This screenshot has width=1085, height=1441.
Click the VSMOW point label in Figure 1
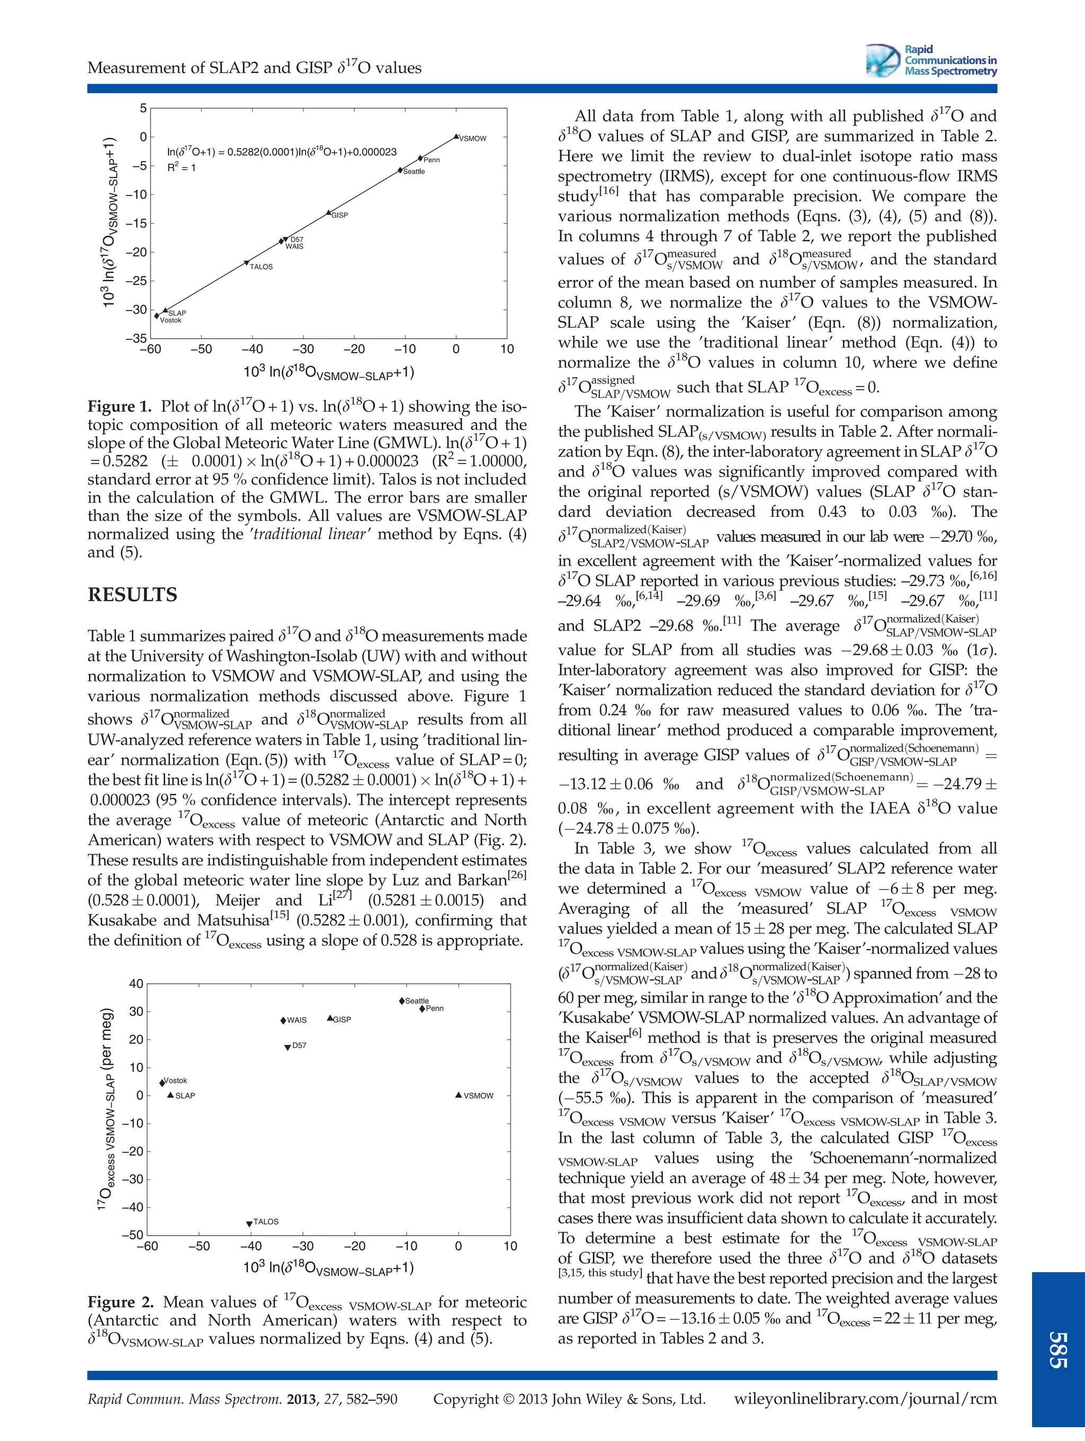click(473, 139)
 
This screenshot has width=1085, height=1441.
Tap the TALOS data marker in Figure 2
click(249, 1224)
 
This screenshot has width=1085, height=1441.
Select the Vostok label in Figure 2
click(175, 1080)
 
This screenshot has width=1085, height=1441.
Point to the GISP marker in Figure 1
click(328, 212)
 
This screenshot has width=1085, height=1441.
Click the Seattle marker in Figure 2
click(402, 1000)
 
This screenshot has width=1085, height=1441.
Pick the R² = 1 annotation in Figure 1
click(181, 167)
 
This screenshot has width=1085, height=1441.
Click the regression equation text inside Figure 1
click(281, 152)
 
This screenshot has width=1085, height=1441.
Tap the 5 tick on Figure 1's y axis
click(143, 108)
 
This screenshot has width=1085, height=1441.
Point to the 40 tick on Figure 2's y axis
click(136, 983)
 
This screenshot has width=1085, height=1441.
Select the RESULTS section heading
click(132, 595)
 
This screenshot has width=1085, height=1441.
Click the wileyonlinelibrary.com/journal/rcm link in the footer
click(865, 1399)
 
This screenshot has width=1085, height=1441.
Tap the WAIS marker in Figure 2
click(283, 1021)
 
